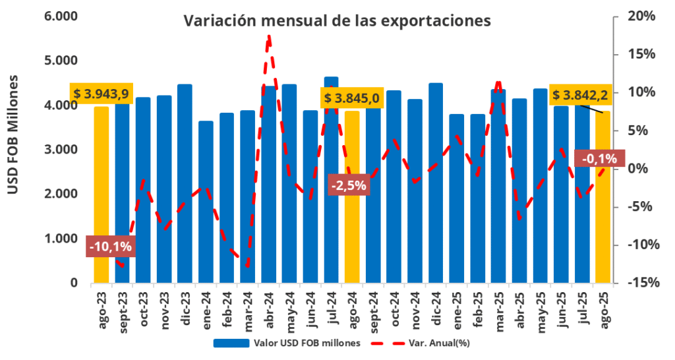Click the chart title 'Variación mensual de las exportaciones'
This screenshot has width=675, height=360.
(337, 21)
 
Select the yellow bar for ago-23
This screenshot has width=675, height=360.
(102, 198)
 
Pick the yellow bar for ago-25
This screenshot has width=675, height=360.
(602, 198)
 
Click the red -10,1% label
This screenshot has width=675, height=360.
(110, 247)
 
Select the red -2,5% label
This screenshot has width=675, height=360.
(348, 185)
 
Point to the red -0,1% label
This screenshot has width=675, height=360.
(595, 158)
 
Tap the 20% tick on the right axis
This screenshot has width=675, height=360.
(640, 16)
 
